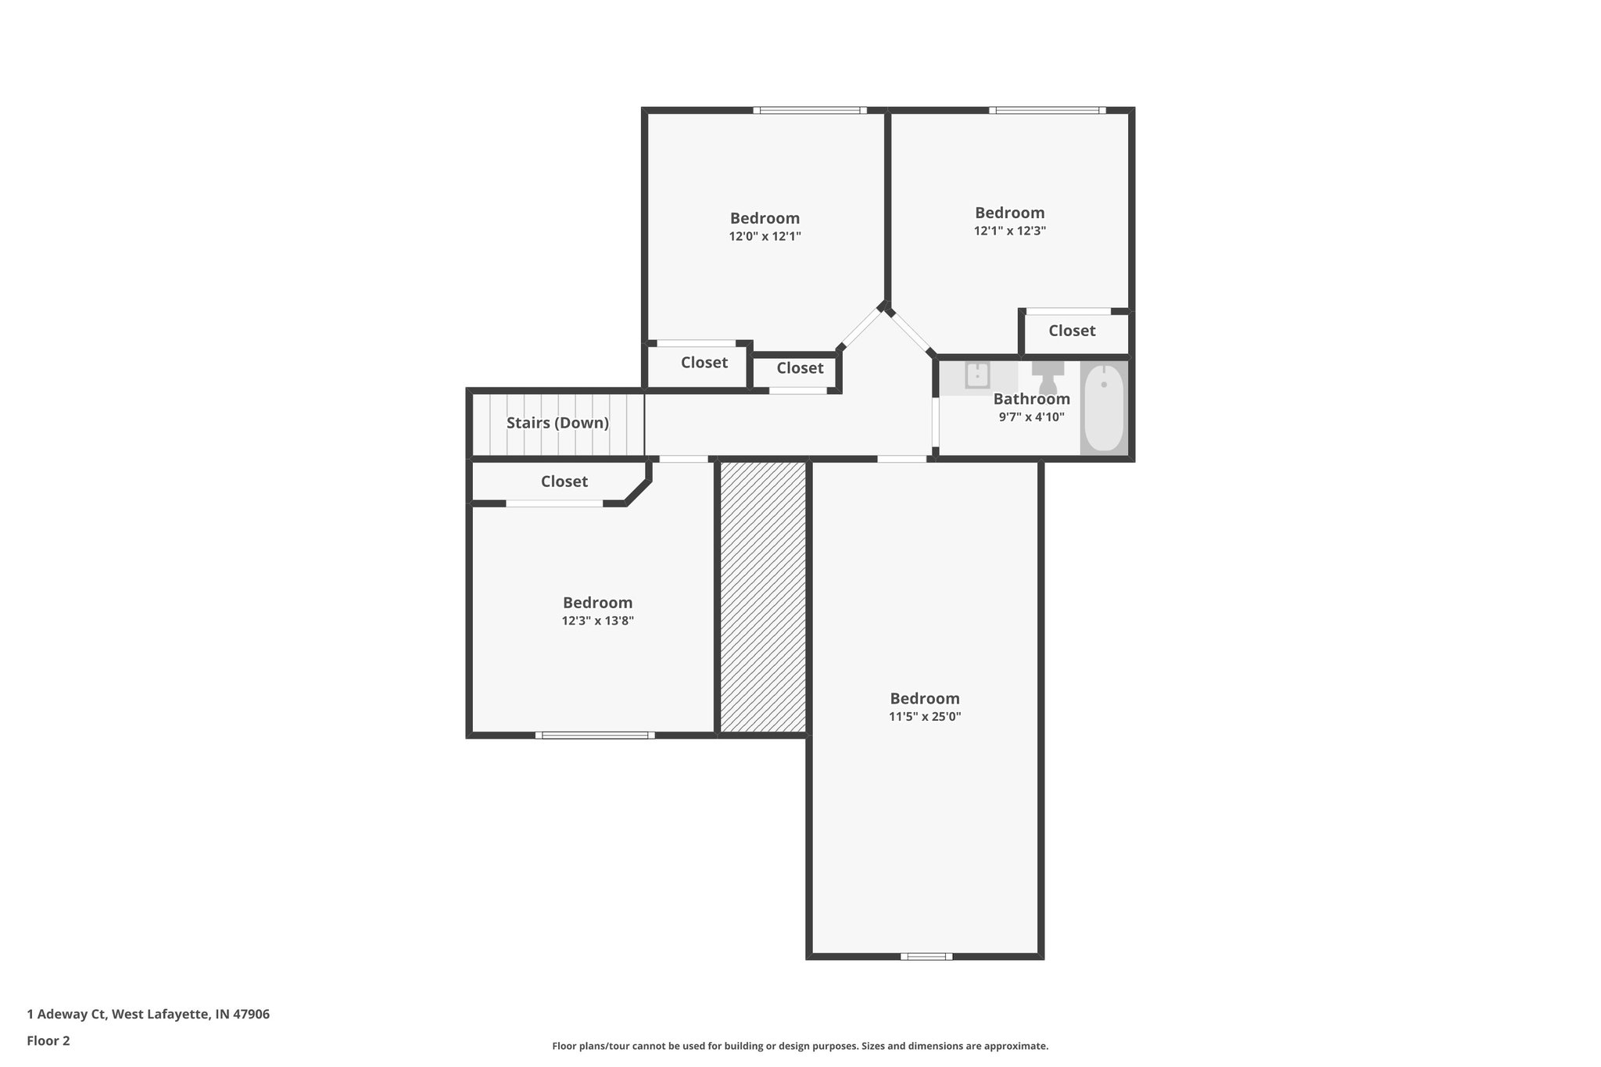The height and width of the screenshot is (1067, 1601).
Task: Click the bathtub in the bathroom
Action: point(1104,408)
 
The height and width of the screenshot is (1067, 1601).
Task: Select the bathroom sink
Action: point(977,375)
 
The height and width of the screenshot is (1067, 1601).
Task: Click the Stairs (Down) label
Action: point(557,423)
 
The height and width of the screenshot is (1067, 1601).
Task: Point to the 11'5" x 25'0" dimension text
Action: point(925,716)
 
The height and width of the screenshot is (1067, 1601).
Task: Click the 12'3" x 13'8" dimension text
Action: point(597,621)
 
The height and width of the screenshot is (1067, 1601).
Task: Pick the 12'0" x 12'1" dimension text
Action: point(765,236)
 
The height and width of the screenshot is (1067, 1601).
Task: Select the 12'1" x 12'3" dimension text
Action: point(1009,231)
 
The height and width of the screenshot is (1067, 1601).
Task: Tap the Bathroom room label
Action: point(1031,399)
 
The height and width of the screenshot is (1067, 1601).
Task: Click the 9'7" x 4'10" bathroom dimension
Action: point(1031,417)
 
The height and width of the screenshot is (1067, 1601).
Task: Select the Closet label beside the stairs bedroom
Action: point(564,482)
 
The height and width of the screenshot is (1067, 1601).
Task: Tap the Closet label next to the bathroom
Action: point(1072,331)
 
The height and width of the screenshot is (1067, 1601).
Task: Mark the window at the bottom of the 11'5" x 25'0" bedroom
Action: point(926,956)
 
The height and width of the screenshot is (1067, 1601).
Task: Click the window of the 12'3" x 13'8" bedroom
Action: point(595,735)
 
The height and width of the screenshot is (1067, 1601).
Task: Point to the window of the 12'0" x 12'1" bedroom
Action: point(810,110)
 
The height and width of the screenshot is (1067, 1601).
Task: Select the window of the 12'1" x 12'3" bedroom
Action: point(1047,110)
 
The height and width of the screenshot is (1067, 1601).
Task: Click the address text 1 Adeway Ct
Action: point(148,1014)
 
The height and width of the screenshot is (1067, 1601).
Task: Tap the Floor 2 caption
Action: point(48,1040)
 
